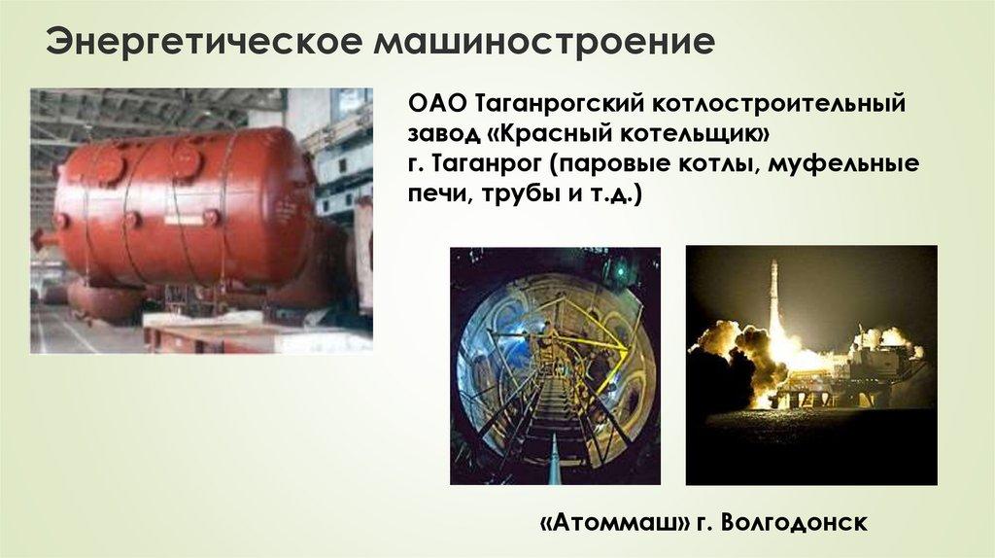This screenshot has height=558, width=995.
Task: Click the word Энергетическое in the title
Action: coord(202,41)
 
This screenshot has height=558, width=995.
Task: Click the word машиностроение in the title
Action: coord(544,41)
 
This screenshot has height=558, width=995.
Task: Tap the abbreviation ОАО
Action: coord(436,103)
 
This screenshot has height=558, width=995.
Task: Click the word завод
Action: coord(442,134)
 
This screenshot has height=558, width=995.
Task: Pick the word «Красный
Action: coord(551,134)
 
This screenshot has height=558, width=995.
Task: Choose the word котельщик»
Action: coord(697,134)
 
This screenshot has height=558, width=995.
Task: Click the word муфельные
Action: coord(844,165)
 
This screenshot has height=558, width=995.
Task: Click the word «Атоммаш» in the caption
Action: coord(615,523)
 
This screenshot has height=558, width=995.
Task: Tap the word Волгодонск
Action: coord(794,523)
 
